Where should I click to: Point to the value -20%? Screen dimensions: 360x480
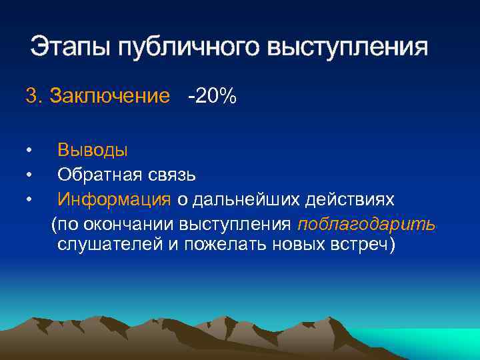212,97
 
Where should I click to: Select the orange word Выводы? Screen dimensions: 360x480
93,151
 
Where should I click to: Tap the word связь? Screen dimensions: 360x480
173,175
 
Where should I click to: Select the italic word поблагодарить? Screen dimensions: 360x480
367,223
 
